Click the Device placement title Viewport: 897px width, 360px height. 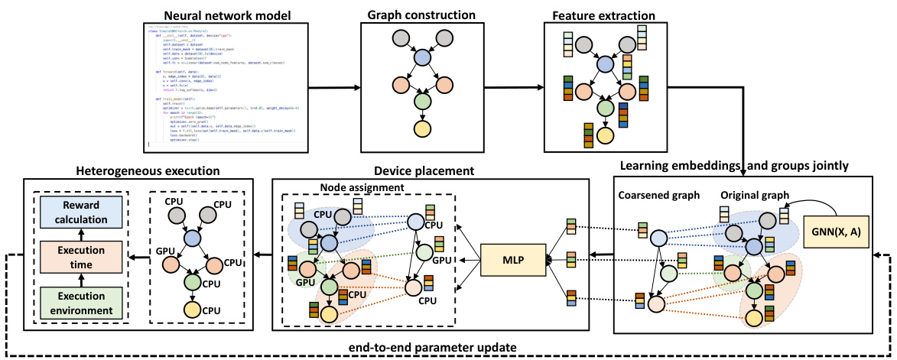(x=430, y=170)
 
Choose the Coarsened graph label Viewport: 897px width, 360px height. (x=659, y=193)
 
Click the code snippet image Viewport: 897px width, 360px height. (x=222, y=86)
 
